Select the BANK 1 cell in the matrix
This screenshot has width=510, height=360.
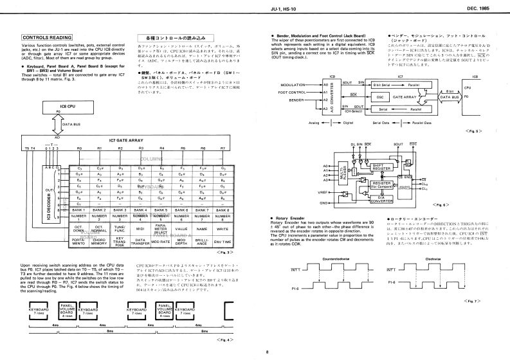78,210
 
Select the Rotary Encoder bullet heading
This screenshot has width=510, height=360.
297,219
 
